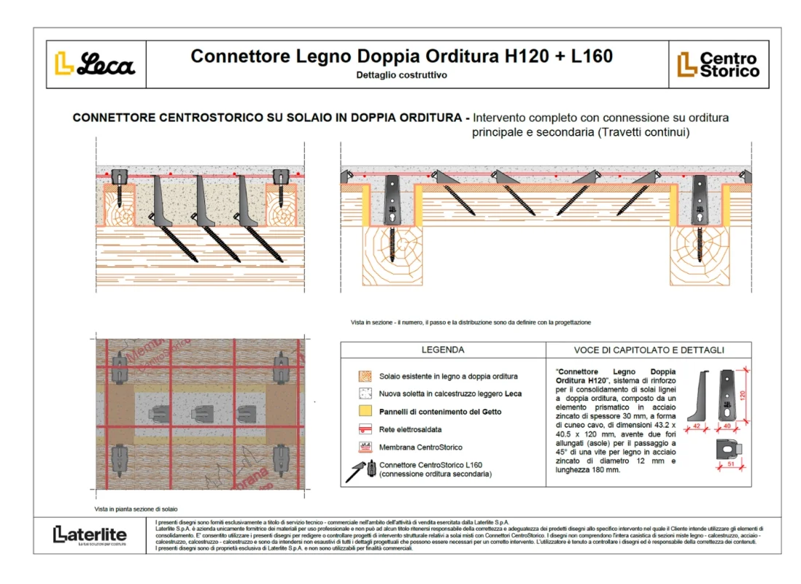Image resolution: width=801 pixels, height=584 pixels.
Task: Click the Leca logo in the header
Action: click(x=96, y=64)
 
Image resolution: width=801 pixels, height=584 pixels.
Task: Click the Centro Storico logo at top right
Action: click(x=718, y=64)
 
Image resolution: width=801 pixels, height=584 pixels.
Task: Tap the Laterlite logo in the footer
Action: click(x=90, y=534)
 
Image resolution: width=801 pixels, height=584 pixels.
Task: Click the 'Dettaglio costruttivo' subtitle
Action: click(x=401, y=74)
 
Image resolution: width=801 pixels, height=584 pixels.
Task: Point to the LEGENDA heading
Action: click(x=442, y=350)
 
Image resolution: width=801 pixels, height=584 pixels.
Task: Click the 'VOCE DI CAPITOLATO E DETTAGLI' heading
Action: click(x=649, y=350)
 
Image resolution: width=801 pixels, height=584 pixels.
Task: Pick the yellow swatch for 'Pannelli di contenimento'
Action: click(x=365, y=411)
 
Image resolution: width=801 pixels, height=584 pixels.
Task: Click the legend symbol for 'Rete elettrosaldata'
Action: click(x=365, y=429)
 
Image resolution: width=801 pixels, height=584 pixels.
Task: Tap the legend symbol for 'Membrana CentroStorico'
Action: click(x=365, y=447)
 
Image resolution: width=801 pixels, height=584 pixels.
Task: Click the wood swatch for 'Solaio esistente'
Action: click(x=365, y=376)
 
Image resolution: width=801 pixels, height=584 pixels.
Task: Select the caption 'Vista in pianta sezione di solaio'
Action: click(x=136, y=508)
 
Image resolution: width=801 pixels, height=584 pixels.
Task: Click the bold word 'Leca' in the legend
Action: click(x=513, y=393)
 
